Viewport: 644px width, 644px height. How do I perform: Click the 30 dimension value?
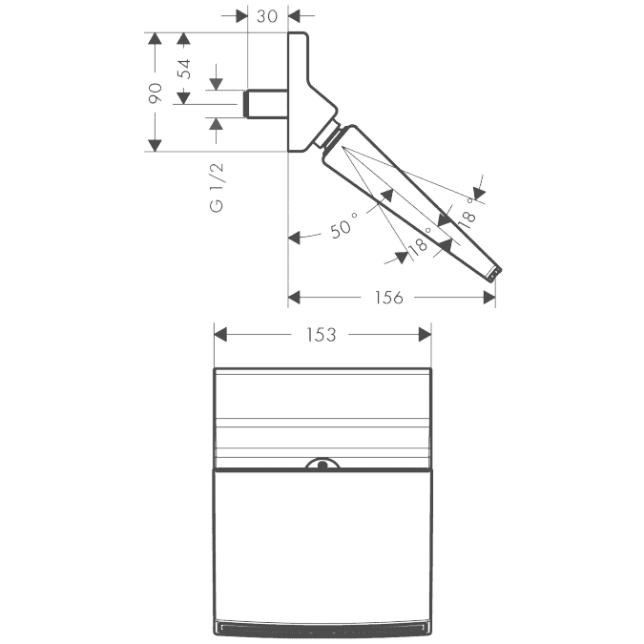click(267, 16)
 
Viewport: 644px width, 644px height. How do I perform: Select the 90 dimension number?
click(156, 93)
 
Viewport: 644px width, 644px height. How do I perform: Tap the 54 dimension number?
click(184, 69)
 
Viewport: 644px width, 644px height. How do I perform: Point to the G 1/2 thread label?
click(217, 187)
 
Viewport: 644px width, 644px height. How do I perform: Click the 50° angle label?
click(343, 225)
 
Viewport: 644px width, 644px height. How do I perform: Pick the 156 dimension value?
click(388, 298)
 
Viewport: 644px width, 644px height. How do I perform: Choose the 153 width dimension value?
click(322, 335)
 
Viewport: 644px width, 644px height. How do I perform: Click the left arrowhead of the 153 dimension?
click(220, 334)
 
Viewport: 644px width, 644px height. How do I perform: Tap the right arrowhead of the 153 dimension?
click(425, 334)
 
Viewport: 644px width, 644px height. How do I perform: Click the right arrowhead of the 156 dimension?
click(489, 298)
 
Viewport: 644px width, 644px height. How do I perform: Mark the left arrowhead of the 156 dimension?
click(294, 298)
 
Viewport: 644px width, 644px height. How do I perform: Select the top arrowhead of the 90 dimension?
click(155, 38)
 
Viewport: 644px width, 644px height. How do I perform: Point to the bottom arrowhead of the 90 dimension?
click(155, 145)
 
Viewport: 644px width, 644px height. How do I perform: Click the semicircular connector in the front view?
click(322, 464)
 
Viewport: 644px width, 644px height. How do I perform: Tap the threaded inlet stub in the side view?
click(266, 104)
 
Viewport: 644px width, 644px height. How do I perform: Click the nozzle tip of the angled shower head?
click(495, 275)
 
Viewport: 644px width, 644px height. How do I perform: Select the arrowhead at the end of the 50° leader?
click(295, 238)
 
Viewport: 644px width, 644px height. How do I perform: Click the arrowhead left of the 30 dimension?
click(241, 16)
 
